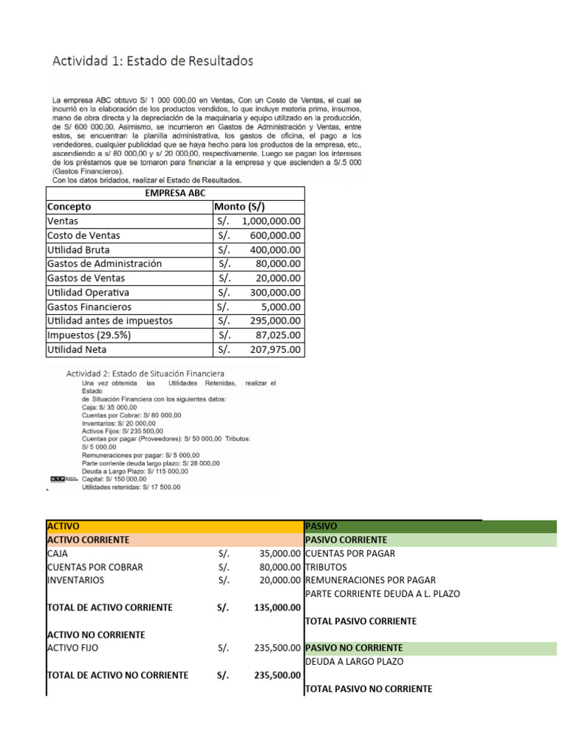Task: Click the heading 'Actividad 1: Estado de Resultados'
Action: (152, 61)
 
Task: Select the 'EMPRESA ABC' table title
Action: (175, 193)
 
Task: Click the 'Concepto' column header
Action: (69, 207)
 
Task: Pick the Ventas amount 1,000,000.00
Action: (271, 221)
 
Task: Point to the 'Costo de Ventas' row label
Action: (83, 235)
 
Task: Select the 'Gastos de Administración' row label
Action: (104, 263)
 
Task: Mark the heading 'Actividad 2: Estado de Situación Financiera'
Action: (146, 374)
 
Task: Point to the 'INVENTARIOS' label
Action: (75, 579)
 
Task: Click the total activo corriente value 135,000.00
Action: (275, 607)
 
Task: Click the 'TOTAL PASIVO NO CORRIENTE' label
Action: (369, 689)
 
